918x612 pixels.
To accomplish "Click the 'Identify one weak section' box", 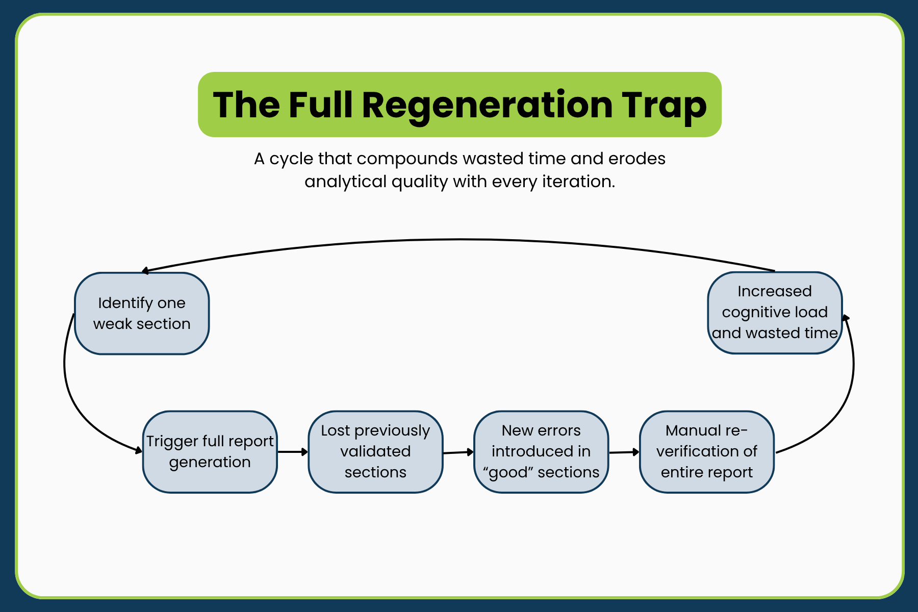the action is (142, 313).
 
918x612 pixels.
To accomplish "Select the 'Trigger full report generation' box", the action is (210, 452).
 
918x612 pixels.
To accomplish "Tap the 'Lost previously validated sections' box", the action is (375, 452).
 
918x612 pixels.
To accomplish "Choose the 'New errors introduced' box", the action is (541, 452).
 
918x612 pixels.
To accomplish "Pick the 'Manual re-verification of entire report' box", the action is (707, 452).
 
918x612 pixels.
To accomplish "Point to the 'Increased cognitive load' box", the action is (775, 313).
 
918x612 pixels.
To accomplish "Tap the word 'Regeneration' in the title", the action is (487, 106).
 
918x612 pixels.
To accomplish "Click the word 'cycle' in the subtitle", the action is (291, 160).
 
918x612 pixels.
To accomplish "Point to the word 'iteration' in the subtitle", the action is (578, 182).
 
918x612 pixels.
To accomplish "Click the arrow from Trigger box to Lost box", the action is (293, 452).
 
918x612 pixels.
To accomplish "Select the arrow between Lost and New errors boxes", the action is (458, 452).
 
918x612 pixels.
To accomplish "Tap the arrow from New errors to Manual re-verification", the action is (624, 452).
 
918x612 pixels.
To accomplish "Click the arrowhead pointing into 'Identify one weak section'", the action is (145, 271).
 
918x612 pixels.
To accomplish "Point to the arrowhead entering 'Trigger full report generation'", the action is (138, 450).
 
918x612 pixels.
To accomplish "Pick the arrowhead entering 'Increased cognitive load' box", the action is (846, 318).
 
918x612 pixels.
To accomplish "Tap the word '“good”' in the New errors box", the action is (508, 473).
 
